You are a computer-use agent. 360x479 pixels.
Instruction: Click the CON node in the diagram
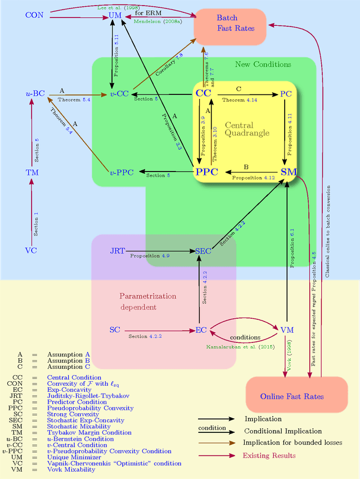coord(34,14)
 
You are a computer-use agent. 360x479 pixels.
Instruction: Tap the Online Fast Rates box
coord(292,396)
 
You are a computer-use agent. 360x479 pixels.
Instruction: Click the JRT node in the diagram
coord(117,251)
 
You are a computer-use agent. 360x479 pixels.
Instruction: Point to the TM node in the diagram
coord(31,173)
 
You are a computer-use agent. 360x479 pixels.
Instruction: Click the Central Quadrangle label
coord(247,129)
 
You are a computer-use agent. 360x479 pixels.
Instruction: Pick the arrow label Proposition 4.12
coord(253,178)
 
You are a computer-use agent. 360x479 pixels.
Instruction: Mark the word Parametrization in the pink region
coord(148,296)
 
